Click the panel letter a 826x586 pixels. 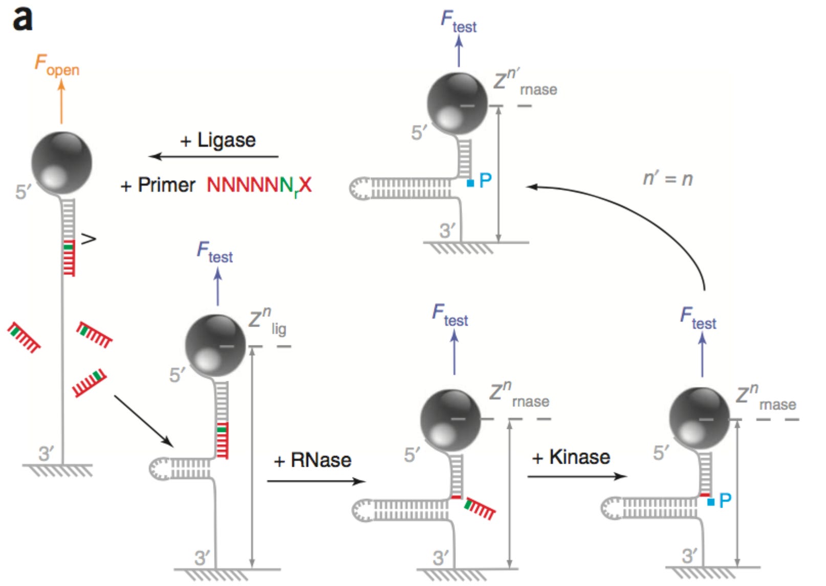[23, 19]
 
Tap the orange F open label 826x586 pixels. [56, 65]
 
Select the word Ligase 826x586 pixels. [226, 140]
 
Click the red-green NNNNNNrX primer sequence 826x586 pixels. [259, 185]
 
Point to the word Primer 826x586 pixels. [166, 185]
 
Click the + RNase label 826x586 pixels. [313, 460]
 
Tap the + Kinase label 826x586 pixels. [571, 457]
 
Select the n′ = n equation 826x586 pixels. [667, 179]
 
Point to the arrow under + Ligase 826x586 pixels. [213, 157]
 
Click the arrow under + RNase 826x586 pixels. [316, 481]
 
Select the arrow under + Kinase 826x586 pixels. [577, 476]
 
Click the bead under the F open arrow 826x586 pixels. [61, 163]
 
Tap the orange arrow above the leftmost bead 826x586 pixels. [61, 102]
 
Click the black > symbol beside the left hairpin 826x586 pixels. [89, 238]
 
